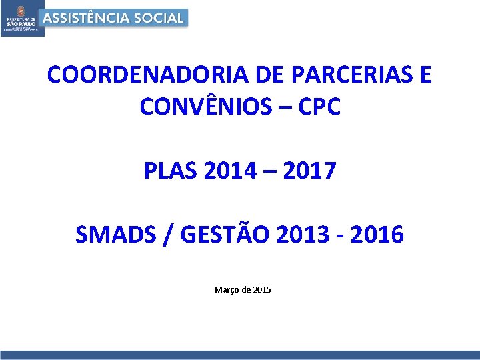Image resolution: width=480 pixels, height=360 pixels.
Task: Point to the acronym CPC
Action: click(x=317, y=107)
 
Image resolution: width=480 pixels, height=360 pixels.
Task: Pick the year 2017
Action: click(x=309, y=171)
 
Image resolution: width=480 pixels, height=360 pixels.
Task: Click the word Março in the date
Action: click(x=226, y=290)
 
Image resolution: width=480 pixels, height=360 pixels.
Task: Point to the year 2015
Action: click(x=262, y=290)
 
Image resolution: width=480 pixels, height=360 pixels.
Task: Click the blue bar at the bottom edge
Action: click(x=240, y=355)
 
